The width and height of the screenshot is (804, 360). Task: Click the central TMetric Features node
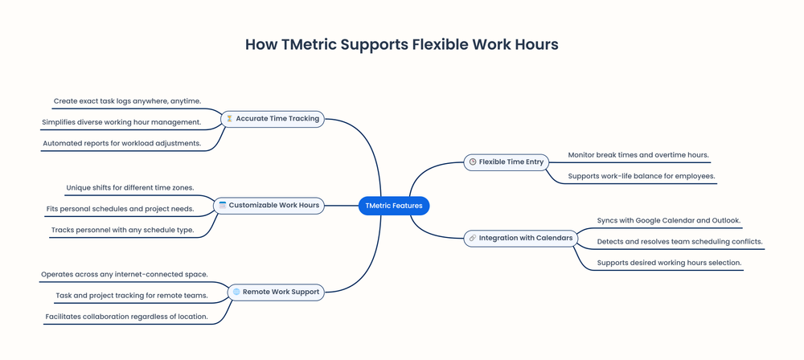click(x=394, y=206)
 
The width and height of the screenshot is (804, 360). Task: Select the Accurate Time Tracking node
click(x=273, y=119)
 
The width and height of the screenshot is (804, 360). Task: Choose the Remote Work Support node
click(x=276, y=292)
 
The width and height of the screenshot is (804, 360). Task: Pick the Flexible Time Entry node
click(x=507, y=162)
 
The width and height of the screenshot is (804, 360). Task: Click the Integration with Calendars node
click(x=521, y=238)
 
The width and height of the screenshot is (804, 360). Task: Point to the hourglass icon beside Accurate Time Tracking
click(x=229, y=119)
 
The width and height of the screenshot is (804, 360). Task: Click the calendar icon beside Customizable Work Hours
click(x=222, y=206)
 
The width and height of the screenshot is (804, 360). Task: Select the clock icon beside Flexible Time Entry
click(x=473, y=162)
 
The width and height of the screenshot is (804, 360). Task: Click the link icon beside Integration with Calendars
click(x=472, y=238)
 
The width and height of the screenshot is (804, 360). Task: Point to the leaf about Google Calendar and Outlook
click(x=669, y=220)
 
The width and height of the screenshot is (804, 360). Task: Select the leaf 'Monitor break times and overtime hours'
click(x=638, y=154)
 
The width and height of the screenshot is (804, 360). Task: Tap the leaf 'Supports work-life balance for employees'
click(x=642, y=176)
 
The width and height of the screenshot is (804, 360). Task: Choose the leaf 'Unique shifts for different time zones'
click(x=130, y=188)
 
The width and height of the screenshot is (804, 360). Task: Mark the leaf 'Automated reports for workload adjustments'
click(x=121, y=144)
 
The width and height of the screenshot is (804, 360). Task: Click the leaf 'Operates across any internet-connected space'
click(x=125, y=274)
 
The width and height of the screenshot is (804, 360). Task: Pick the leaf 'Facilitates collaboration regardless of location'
click(x=126, y=317)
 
